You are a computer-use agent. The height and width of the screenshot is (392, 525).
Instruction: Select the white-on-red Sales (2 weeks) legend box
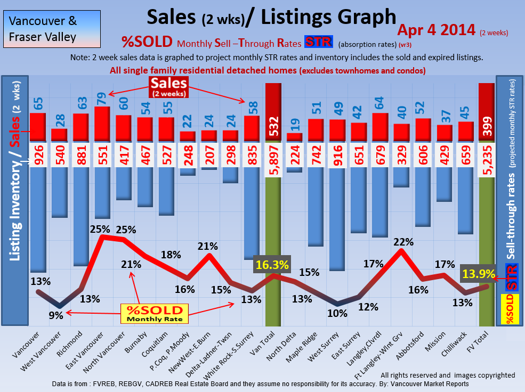coord(169,86)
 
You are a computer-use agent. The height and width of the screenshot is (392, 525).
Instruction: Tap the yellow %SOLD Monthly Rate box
coord(155,313)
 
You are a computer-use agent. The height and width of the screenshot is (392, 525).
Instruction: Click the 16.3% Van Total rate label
coord(272,265)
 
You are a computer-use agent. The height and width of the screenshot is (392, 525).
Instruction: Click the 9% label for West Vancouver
coord(56,315)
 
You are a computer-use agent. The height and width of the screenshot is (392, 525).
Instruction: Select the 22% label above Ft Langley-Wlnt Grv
coord(403,242)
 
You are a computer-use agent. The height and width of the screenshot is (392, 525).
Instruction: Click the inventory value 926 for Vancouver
coord(37,154)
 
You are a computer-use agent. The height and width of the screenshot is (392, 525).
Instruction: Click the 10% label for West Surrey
coord(337,313)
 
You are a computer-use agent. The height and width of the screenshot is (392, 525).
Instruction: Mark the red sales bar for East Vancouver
coord(102,124)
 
